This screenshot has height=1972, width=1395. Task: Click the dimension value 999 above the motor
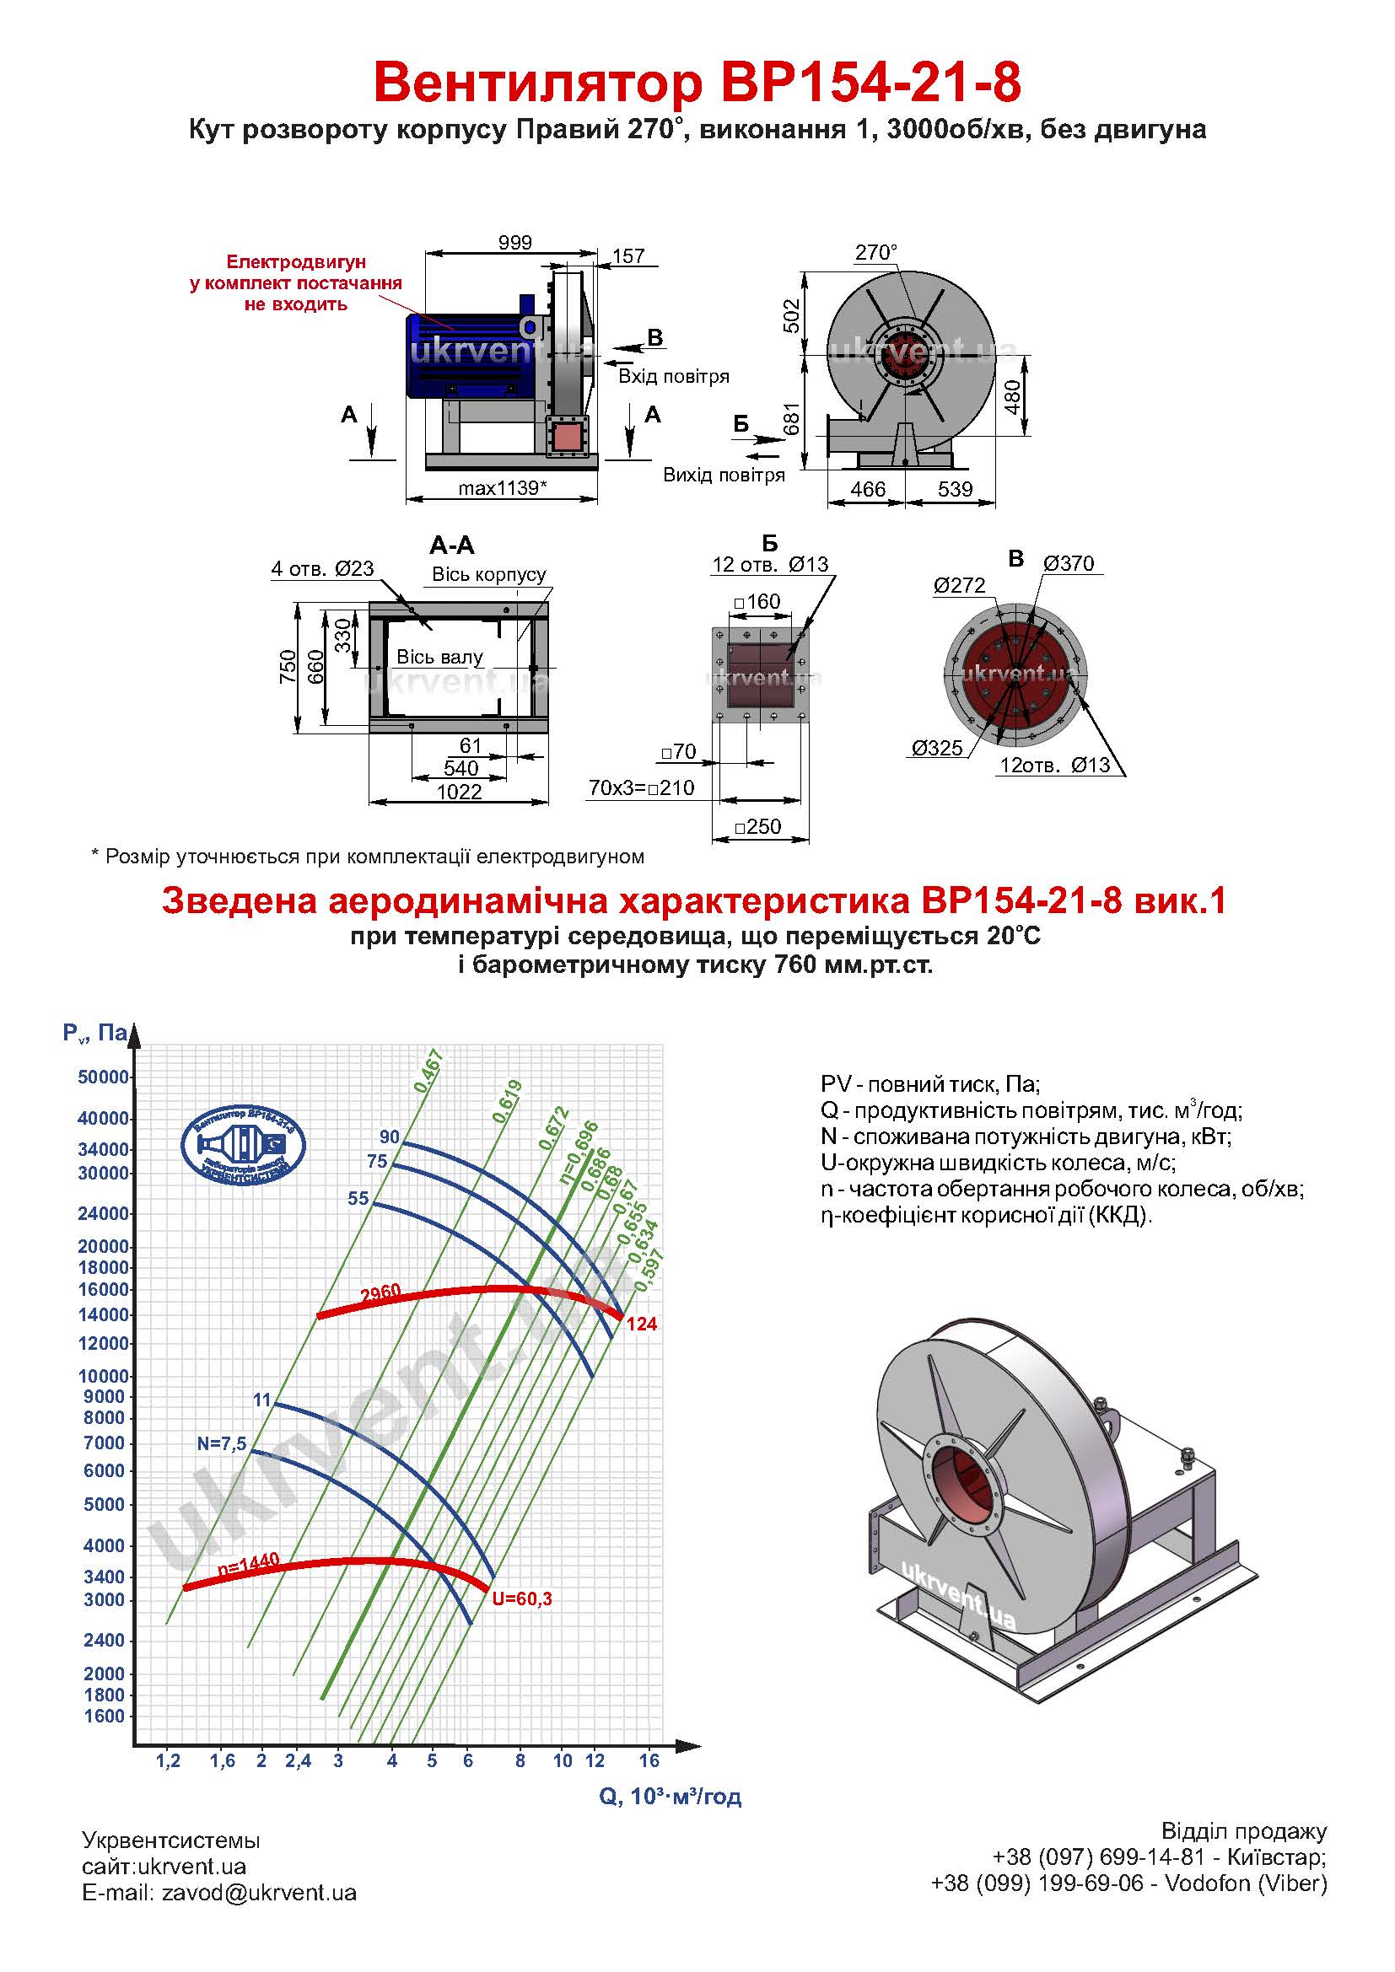(514, 243)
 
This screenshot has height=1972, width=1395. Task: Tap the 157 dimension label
(629, 256)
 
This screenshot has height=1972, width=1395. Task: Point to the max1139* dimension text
(503, 488)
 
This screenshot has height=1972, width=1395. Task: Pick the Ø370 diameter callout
(1069, 563)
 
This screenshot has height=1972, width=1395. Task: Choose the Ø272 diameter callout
(961, 586)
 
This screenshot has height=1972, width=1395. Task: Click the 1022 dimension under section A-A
(460, 791)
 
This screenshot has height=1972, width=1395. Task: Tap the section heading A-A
(452, 545)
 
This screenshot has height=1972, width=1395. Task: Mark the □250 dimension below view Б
(757, 826)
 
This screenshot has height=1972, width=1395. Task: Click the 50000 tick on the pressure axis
(103, 1077)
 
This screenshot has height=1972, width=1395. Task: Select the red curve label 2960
(380, 1294)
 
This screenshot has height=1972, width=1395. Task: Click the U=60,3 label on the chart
(521, 1599)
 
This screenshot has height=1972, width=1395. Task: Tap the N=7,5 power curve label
(222, 1443)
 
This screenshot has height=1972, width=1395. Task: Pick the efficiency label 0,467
(428, 1071)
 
